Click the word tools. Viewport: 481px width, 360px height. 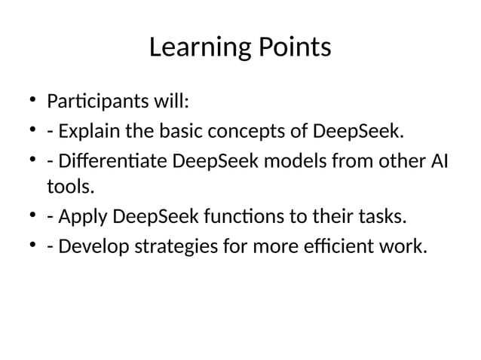point(66,185)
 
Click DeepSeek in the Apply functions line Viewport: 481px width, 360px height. point(150,218)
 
